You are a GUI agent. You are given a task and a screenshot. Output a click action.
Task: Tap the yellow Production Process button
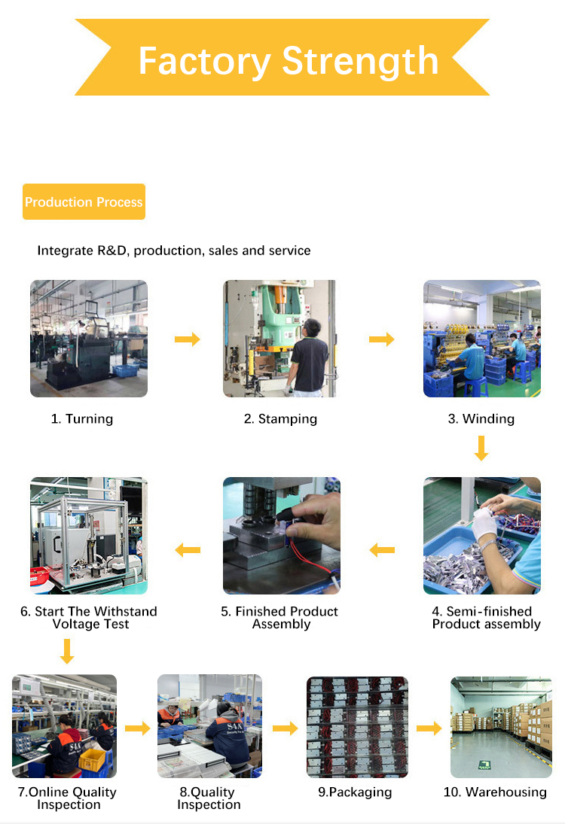(84, 202)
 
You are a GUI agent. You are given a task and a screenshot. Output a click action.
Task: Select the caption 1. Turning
(82, 419)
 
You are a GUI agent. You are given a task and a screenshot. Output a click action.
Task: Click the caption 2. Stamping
(280, 419)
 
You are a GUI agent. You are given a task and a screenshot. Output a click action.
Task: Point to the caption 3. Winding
(481, 419)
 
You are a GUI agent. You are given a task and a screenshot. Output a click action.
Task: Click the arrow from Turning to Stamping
(188, 339)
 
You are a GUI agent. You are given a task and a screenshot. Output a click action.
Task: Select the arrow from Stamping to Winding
(382, 339)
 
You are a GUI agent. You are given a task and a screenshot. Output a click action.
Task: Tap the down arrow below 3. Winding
(481, 448)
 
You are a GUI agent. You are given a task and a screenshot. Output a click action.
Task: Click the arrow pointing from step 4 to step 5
(382, 550)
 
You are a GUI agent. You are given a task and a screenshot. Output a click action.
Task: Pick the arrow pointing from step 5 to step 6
(188, 550)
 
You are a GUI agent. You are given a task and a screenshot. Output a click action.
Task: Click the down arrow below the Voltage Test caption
(67, 651)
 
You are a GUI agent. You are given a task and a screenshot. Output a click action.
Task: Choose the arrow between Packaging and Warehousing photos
(429, 728)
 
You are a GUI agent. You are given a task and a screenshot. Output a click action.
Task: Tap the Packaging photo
(357, 727)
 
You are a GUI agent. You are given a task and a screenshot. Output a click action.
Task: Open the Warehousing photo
(501, 727)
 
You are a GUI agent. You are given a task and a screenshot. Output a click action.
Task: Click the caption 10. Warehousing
(495, 792)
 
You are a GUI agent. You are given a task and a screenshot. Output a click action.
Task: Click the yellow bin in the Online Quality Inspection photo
(92, 759)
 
